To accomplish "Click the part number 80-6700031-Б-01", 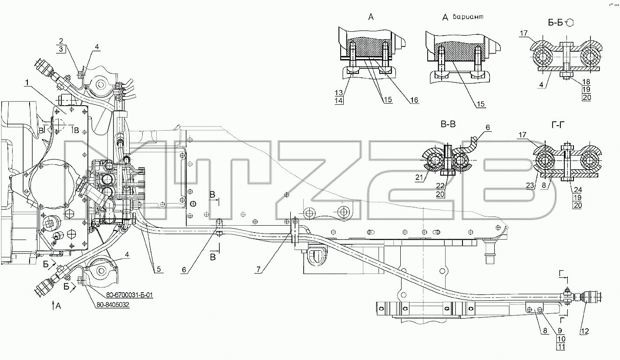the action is [x=129, y=295].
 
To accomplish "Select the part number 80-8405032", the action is [x=113, y=305].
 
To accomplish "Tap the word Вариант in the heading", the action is [x=468, y=17].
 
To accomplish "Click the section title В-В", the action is [x=448, y=124].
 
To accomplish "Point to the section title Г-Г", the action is [x=558, y=125].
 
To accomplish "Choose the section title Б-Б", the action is [x=556, y=23].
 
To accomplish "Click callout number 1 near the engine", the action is [x=27, y=83].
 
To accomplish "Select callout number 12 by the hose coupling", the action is [x=585, y=331].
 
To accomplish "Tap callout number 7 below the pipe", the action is [x=258, y=269].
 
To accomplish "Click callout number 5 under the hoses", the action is [x=159, y=269].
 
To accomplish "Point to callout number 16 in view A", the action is [x=414, y=100].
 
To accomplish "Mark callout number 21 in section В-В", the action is [x=419, y=177].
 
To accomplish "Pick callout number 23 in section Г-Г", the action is [x=530, y=185].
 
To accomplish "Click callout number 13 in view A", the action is [x=339, y=93].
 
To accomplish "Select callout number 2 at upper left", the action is [x=61, y=41].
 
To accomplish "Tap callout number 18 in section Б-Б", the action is [x=586, y=82].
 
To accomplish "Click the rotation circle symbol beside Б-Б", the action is [x=570, y=23].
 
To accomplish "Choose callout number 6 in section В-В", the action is [x=488, y=127].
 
